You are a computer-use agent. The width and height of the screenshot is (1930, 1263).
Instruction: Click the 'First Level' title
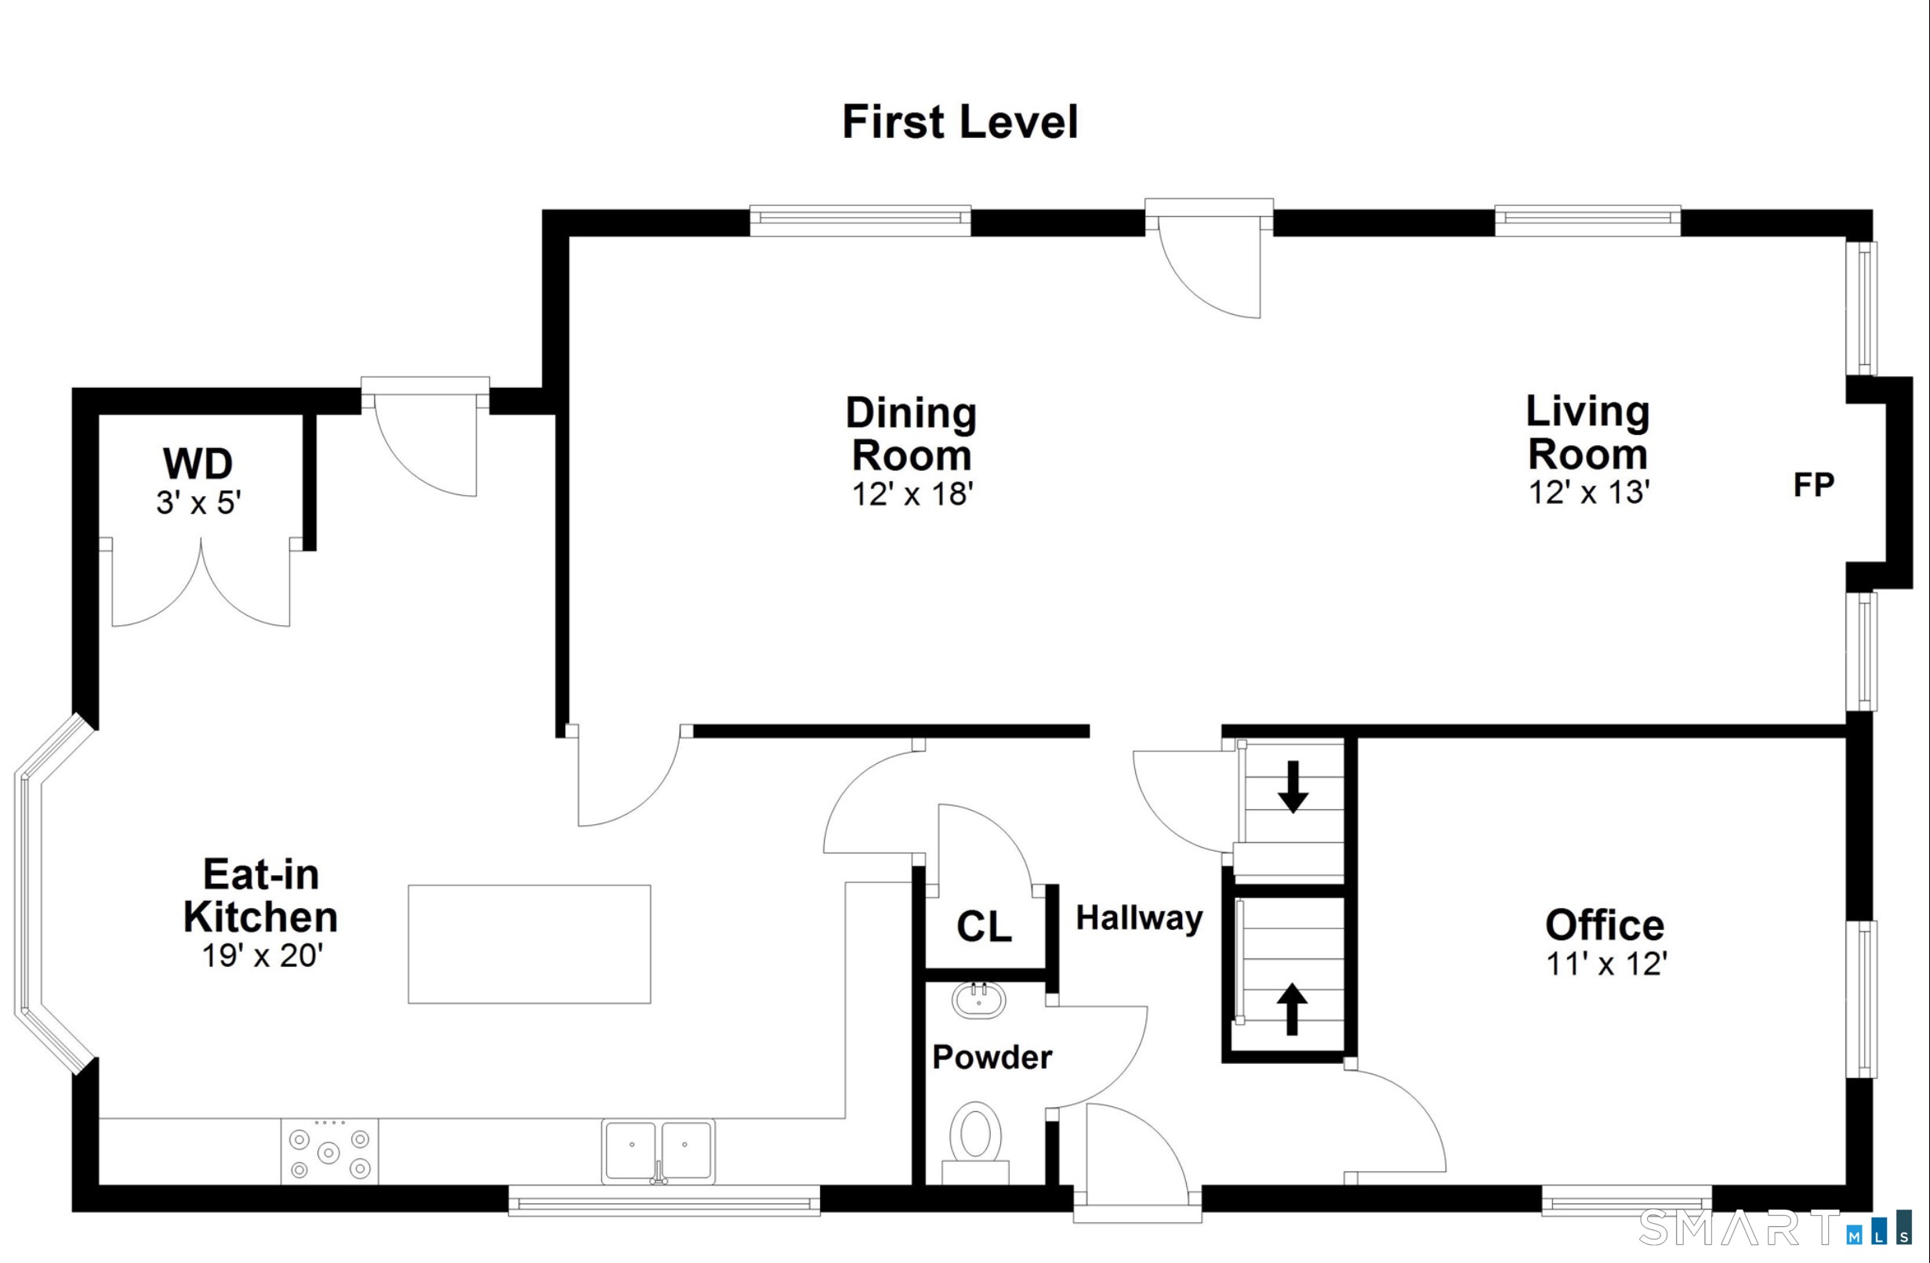[960, 122]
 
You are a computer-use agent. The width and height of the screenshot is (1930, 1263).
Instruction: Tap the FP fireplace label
[1813, 485]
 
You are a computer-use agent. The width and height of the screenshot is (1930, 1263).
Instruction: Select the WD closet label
[198, 464]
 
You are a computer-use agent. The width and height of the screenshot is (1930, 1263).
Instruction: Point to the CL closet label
[984, 927]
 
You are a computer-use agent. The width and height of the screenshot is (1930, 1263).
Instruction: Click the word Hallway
[1138, 918]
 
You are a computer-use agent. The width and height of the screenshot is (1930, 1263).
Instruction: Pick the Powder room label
[992, 1057]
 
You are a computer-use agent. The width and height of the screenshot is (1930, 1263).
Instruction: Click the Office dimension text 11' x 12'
[1605, 964]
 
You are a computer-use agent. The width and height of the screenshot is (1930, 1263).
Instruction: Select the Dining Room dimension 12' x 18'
[912, 494]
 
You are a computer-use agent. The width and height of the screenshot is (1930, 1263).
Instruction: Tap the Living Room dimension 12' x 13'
[1588, 492]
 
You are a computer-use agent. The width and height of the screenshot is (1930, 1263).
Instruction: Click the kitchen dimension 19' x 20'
[262, 956]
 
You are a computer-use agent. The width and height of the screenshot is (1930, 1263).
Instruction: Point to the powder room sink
[979, 1000]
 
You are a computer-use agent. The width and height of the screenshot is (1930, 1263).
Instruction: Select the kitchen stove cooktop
[329, 1152]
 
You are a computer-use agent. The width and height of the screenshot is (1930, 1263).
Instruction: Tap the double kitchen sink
[658, 1151]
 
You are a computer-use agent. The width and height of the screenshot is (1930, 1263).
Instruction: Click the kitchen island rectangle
[528, 944]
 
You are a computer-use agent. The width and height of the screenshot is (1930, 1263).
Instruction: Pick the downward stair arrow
[1293, 787]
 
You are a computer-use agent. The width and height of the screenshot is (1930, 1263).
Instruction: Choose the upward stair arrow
[1292, 1008]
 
